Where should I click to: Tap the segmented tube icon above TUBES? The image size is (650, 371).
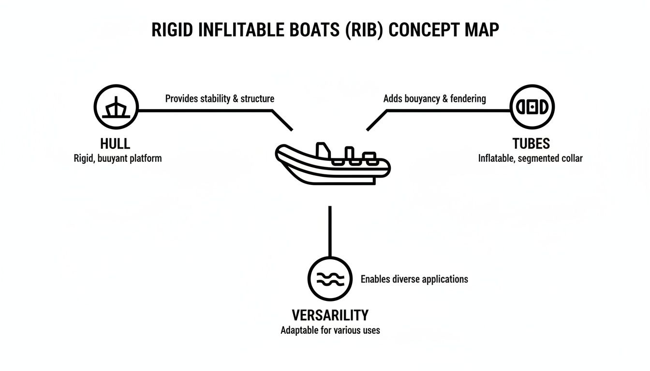click(532, 107)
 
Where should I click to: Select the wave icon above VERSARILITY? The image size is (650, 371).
click(330, 279)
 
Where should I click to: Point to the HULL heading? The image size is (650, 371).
click(115, 143)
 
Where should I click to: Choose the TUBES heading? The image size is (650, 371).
click(531, 143)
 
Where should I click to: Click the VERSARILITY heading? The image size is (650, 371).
click(330, 315)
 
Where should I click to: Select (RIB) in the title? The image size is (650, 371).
click(363, 30)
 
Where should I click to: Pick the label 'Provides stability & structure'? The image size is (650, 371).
click(220, 99)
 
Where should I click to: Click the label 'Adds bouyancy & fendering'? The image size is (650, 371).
click(434, 99)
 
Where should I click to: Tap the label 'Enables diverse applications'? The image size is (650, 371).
click(414, 279)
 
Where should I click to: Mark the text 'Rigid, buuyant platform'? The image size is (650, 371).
click(118, 158)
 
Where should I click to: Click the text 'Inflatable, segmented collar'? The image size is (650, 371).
click(530, 158)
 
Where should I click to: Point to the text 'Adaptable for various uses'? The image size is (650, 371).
click(330, 330)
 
